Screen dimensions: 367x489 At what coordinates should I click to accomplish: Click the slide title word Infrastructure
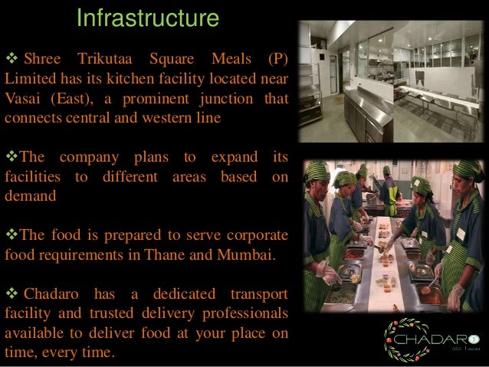[148, 18]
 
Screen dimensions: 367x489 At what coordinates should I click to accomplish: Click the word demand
[30, 196]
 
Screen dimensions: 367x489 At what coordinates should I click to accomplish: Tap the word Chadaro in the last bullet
[54, 294]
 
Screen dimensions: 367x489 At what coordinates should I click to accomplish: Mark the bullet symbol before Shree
[11, 61]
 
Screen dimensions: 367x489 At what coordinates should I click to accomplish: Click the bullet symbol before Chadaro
[11, 294]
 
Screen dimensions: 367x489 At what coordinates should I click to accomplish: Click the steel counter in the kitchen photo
[360, 107]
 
